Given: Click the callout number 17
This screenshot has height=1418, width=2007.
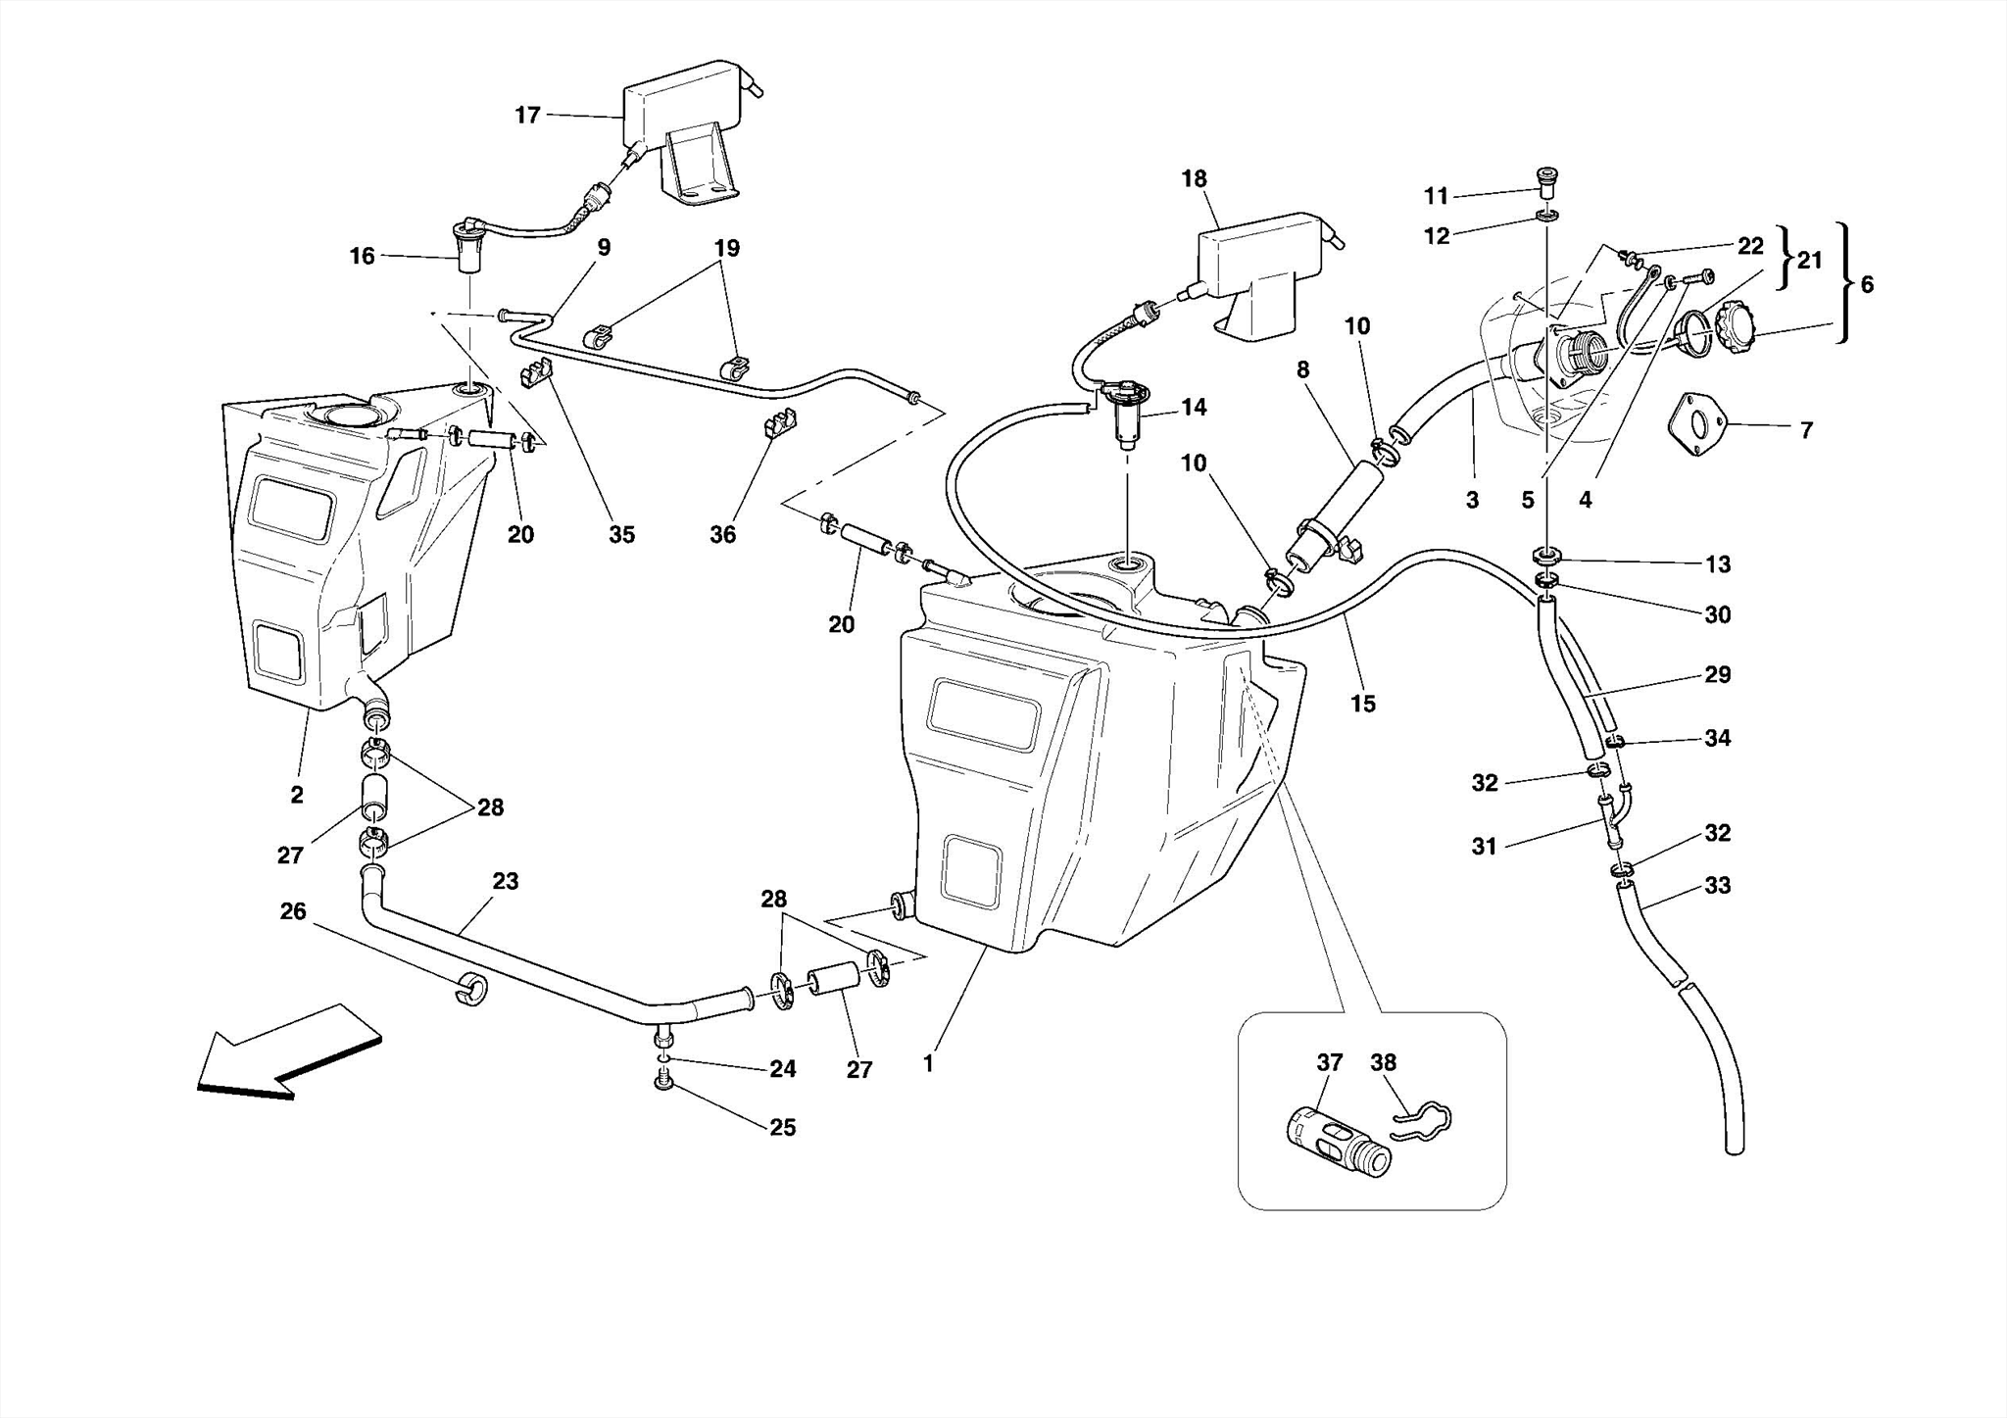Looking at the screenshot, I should [x=527, y=116].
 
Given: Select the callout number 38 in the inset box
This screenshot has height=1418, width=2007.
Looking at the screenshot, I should [x=1383, y=1062].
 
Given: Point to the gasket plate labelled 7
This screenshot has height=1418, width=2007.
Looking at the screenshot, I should [x=1697, y=423].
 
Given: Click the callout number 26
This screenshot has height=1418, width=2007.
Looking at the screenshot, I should [x=293, y=911].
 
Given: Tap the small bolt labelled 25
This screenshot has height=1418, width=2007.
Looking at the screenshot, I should [x=663, y=1083].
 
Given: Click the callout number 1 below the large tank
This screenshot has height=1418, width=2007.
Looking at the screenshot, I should [x=928, y=1062].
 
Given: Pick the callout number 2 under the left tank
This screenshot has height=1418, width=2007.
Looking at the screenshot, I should [x=297, y=795].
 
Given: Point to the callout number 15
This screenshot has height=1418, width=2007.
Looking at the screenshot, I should [x=1362, y=704].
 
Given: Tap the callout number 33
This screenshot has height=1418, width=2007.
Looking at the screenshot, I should [x=1717, y=886].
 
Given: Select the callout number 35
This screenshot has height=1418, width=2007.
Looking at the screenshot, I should [x=621, y=535].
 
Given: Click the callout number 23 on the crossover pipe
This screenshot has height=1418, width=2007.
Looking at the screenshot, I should [x=505, y=881].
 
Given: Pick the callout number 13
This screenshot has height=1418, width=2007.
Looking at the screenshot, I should [x=1717, y=564].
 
